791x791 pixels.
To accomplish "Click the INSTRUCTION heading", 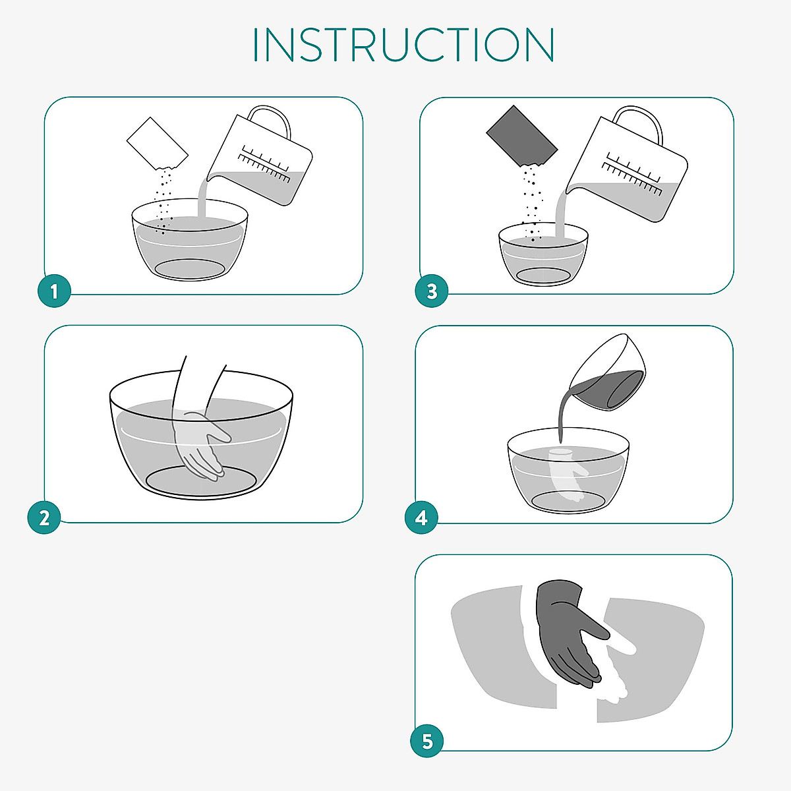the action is coord(403,45).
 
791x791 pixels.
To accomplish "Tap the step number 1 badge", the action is coord(54,291).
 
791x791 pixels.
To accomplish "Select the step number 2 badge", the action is coord(44,517).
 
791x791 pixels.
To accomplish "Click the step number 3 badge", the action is coord(431,291).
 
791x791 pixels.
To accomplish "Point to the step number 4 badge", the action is coord(421,517).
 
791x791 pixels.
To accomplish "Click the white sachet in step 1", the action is coord(158,143).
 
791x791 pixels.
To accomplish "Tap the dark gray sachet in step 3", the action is coord(521,135).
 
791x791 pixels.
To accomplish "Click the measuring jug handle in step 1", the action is coord(271,119).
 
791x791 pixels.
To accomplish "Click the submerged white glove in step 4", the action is coord(568,475).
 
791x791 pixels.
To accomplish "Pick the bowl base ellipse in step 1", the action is coord(189,268).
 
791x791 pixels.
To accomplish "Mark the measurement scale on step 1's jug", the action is coord(264,163).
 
